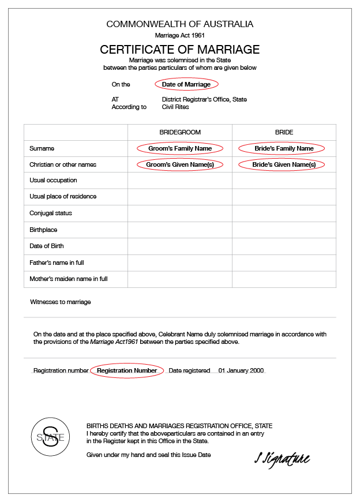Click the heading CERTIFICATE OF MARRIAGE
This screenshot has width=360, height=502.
click(179, 50)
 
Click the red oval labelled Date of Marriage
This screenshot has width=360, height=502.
click(186, 84)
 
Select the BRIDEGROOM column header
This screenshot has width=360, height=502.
click(180, 132)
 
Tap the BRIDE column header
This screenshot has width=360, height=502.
click(284, 132)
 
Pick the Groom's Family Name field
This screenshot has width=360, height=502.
click(179, 148)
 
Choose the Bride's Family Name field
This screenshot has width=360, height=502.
click(284, 148)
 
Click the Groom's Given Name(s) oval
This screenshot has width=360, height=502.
click(179, 164)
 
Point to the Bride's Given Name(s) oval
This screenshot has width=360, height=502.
click(284, 164)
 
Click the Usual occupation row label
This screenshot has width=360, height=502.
click(53, 181)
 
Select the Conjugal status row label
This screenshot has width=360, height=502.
click(51, 213)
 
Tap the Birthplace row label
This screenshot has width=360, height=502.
click(43, 230)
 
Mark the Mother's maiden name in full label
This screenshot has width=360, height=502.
click(69, 279)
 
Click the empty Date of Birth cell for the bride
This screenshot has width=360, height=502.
click(284, 246)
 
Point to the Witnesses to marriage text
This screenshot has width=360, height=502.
click(61, 302)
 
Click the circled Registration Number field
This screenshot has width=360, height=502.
click(127, 370)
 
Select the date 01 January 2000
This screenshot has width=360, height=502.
click(241, 370)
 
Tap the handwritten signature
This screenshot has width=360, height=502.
click(282, 459)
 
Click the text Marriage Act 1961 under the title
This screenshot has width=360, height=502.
click(179, 36)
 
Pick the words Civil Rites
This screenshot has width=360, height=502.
click(175, 107)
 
